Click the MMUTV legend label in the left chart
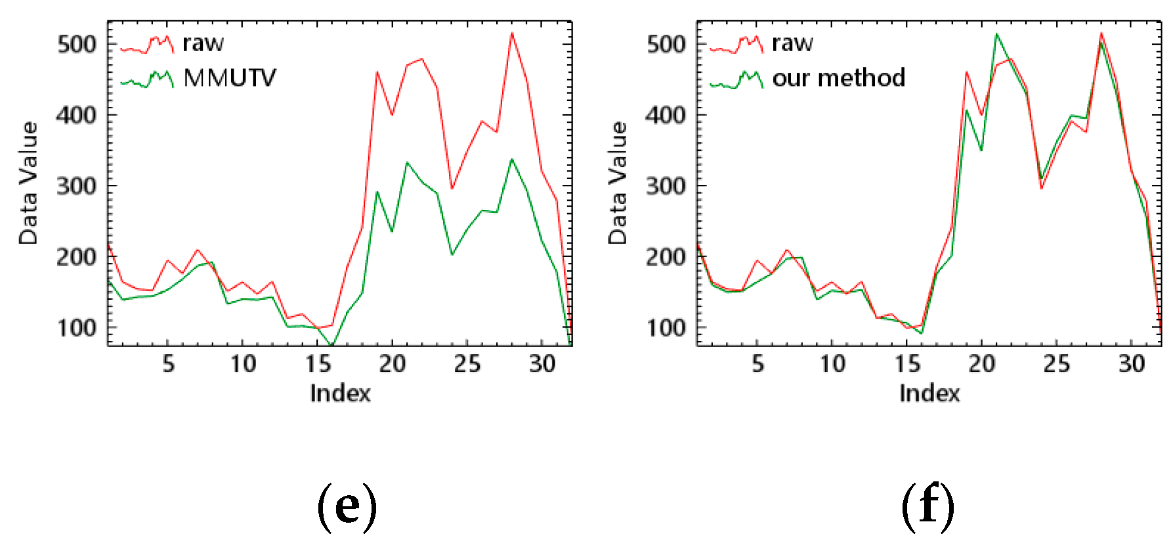230,78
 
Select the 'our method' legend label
838,78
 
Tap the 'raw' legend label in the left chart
203,43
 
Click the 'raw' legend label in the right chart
792,43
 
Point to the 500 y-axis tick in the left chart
77,45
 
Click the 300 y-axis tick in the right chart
666,186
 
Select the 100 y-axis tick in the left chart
77,328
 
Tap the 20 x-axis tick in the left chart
392,364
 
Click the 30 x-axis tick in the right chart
1132,364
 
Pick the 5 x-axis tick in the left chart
168,364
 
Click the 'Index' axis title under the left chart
340,394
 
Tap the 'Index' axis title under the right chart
929,394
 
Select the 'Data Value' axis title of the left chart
28,183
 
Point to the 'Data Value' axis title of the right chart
618,183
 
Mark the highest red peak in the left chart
512,33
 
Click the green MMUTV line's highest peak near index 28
512,159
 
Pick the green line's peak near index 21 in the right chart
996,34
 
